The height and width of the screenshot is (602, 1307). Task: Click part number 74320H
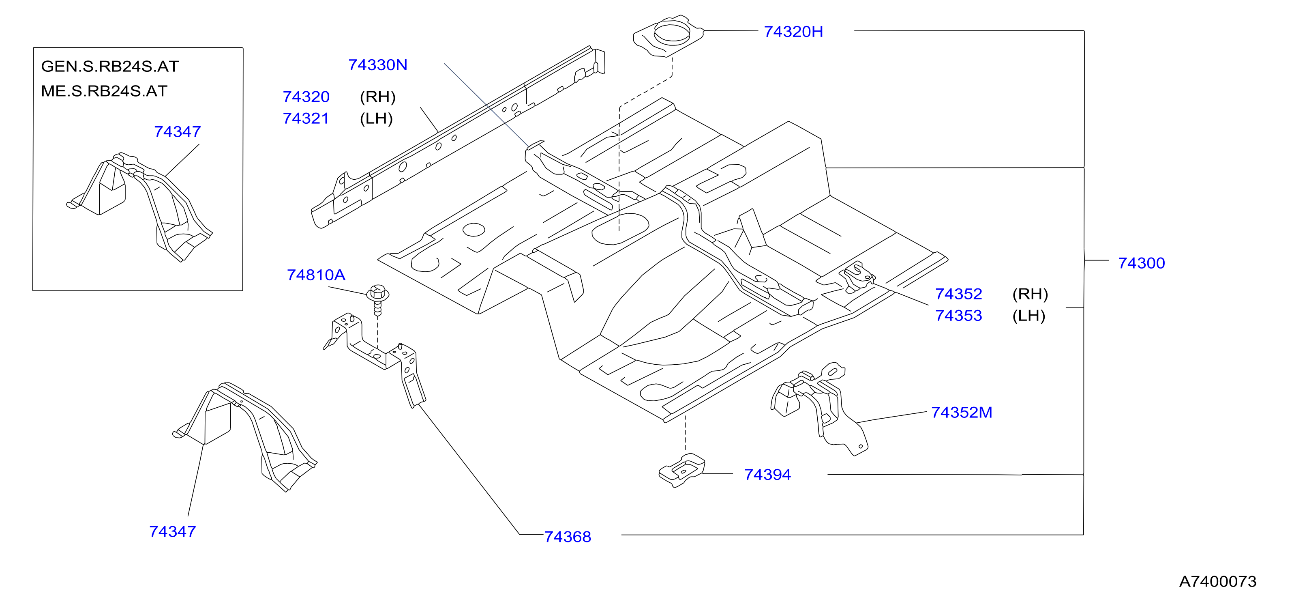[793, 32]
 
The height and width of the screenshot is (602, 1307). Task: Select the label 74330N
[377, 65]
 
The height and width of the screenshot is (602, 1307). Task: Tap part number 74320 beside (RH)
[306, 97]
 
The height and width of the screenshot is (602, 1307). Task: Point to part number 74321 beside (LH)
[306, 118]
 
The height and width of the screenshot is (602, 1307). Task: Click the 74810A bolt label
[316, 275]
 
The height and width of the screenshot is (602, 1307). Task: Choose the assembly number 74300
[1141, 263]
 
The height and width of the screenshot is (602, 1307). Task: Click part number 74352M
[962, 412]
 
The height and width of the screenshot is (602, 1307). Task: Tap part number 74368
[568, 537]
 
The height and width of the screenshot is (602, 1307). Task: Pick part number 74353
[958, 316]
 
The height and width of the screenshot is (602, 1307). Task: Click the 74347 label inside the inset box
[178, 131]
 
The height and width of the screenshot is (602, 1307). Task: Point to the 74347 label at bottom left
[173, 531]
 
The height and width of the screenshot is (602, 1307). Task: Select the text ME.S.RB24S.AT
[104, 91]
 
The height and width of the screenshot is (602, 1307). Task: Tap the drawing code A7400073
[1218, 581]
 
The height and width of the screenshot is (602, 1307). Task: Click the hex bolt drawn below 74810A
[377, 299]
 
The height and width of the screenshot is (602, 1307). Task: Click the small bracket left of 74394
[682, 471]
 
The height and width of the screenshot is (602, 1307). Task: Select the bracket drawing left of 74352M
[818, 408]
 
